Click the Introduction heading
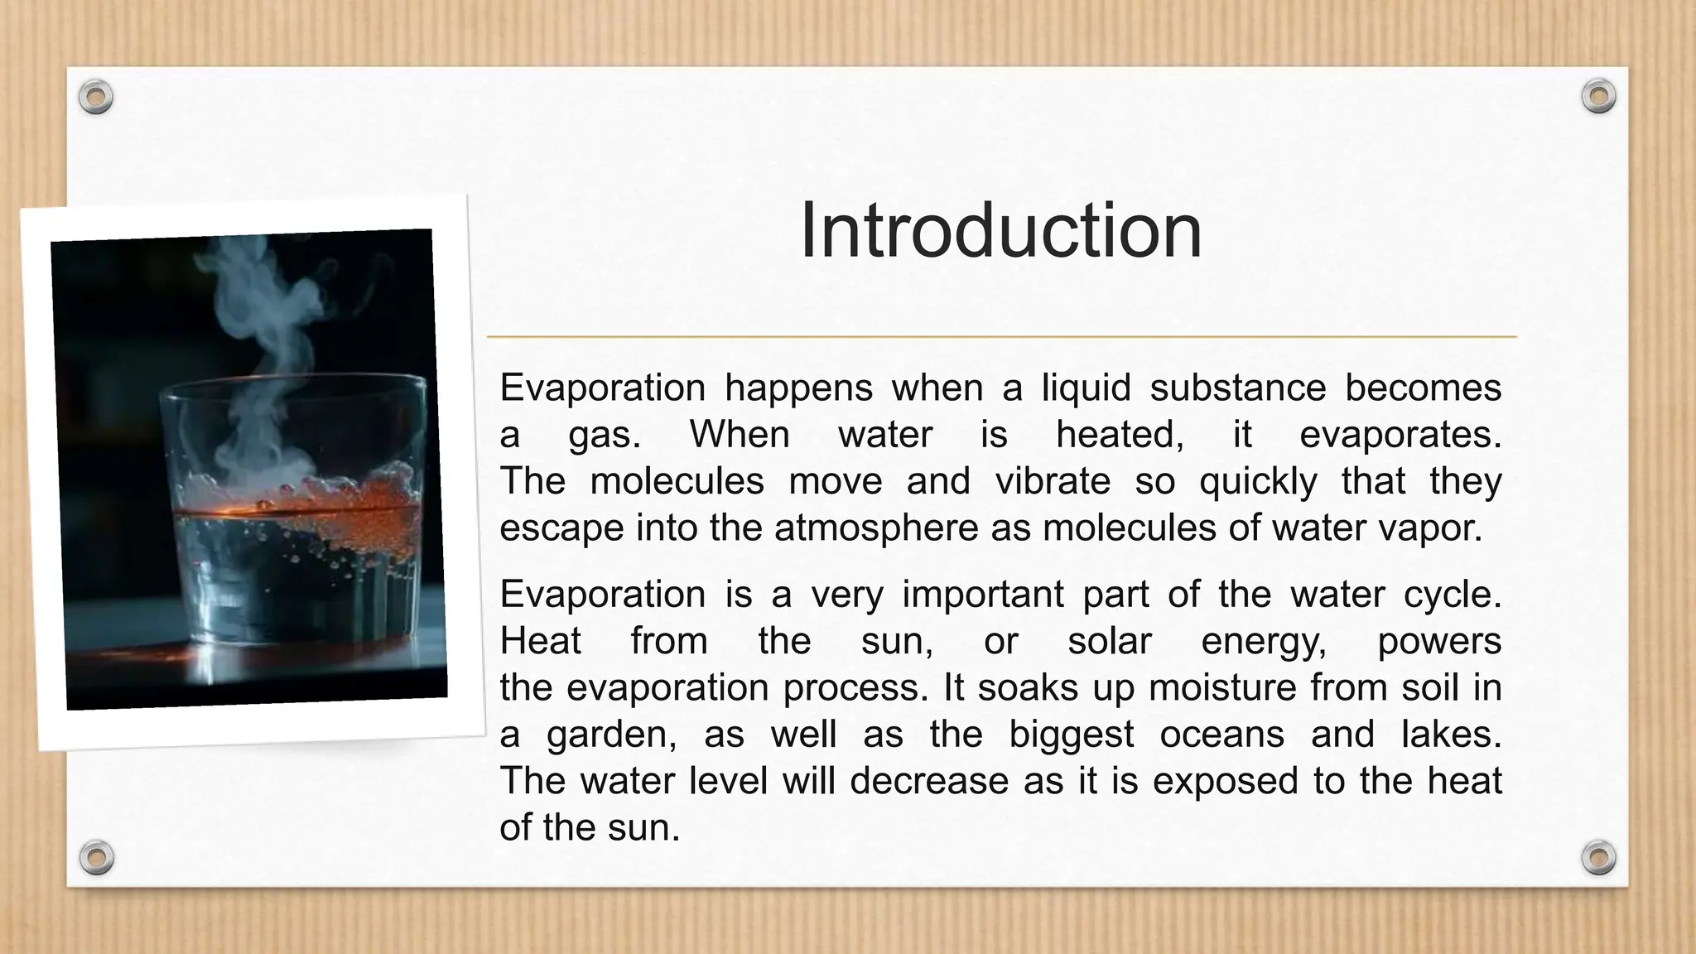(x=1000, y=231)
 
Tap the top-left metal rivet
(x=96, y=98)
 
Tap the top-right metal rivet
(x=1598, y=97)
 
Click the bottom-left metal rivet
(x=96, y=857)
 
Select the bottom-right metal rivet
(x=1598, y=857)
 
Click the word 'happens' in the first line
(x=799, y=388)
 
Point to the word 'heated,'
(x=1120, y=435)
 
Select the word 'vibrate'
(x=1052, y=481)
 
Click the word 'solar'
(x=1109, y=641)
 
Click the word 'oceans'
(x=1221, y=734)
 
